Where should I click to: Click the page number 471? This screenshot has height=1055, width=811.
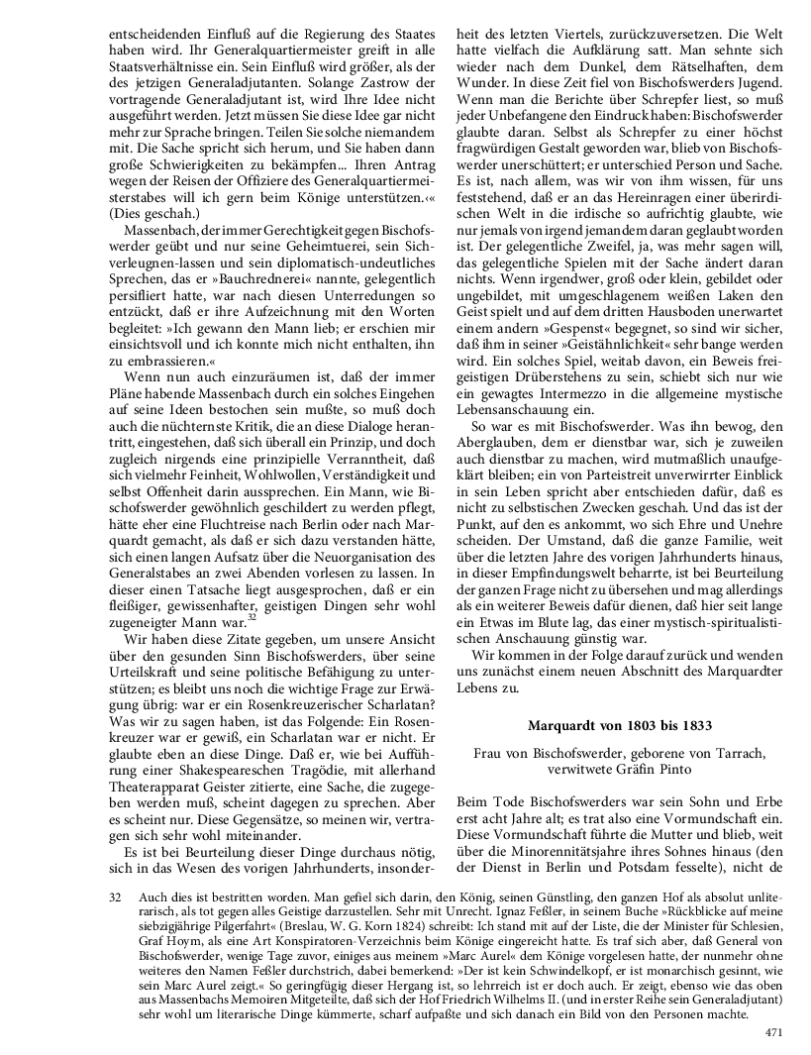[773, 1032]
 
